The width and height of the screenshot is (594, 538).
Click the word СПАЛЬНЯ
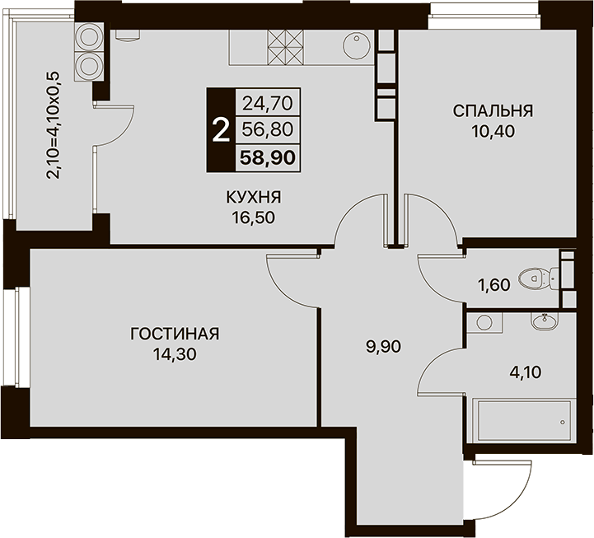(x=493, y=111)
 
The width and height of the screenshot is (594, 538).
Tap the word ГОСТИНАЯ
(x=175, y=334)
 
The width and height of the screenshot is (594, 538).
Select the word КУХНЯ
(x=254, y=198)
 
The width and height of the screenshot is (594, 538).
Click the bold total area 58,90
(x=268, y=157)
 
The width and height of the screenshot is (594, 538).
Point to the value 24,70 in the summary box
(x=268, y=103)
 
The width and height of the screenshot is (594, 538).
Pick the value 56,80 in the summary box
(x=268, y=130)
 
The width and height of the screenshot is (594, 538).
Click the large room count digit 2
(x=221, y=130)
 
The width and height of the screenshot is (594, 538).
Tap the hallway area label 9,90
(x=383, y=347)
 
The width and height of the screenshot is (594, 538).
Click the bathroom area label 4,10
(x=526, y=372)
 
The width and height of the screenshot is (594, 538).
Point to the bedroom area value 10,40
(x=493, y=132)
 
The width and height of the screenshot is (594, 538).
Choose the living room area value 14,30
(x=175, y=354)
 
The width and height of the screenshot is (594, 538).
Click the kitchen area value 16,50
(x=254, y=218)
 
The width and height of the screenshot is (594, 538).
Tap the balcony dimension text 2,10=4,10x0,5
(x=53, y=125)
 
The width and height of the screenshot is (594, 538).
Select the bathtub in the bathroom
(x=525, y=420)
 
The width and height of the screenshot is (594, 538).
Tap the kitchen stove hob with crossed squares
(x=286, y=47)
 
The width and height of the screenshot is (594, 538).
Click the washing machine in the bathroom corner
(x=484, y=322)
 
